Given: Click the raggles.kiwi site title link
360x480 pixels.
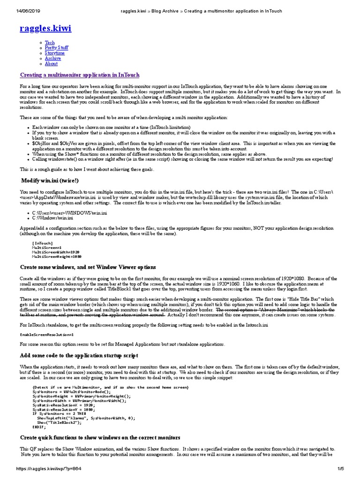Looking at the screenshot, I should click(x=45, y=29).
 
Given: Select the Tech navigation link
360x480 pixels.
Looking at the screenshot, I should click(x=50, y=43).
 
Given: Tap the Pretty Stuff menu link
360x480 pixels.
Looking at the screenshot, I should click(x=56, y=48).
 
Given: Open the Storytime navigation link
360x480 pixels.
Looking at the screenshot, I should click(x=55, y=53).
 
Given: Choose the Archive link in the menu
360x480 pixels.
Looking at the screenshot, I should click(x=53, y=58).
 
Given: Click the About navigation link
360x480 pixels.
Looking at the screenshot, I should click(x=51, y=63).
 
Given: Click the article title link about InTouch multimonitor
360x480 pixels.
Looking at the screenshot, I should click(x=79, y=75).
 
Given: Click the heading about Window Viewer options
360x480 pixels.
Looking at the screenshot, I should click(x=88, y=267).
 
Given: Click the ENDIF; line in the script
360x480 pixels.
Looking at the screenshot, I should click(x=39, y=427).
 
